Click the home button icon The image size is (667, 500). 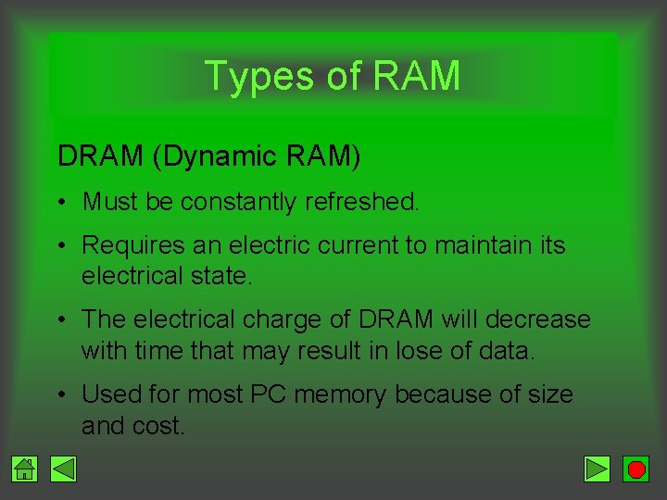coord(25,469)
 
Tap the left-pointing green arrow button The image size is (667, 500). coord(63,469)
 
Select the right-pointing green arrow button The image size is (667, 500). coord(598,469)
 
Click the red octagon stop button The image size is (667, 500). coord(636,469)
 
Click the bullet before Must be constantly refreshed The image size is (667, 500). coord(61,203)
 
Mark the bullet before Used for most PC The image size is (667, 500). coord(61,395)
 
